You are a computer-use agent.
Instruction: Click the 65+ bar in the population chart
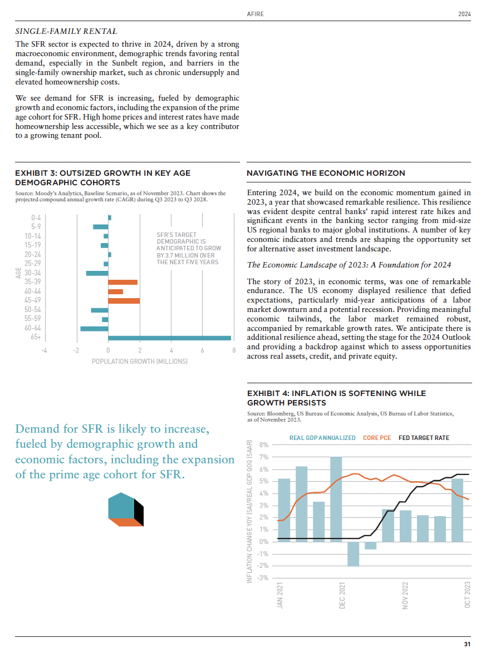(169, 338)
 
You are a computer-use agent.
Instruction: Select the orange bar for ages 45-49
(124, 301)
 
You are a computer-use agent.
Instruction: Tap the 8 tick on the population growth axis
(234, 350)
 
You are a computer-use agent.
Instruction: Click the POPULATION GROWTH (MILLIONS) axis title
(139, 362)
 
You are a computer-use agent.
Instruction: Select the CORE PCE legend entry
(377, 438)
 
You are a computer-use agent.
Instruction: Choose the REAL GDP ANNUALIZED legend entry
(322, 438)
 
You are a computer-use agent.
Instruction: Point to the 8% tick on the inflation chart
(264, 445)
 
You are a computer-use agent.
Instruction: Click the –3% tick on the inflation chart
(263, 578)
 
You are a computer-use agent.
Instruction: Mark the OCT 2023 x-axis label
(468, 595)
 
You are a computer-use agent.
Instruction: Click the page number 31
(467, 644)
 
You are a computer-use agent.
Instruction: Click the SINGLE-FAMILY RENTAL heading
(66, 32)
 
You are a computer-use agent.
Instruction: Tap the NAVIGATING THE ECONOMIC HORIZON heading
(326, 174)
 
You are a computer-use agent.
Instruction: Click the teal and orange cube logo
(126, 509)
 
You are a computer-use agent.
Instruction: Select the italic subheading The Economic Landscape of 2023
(349, 264)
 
